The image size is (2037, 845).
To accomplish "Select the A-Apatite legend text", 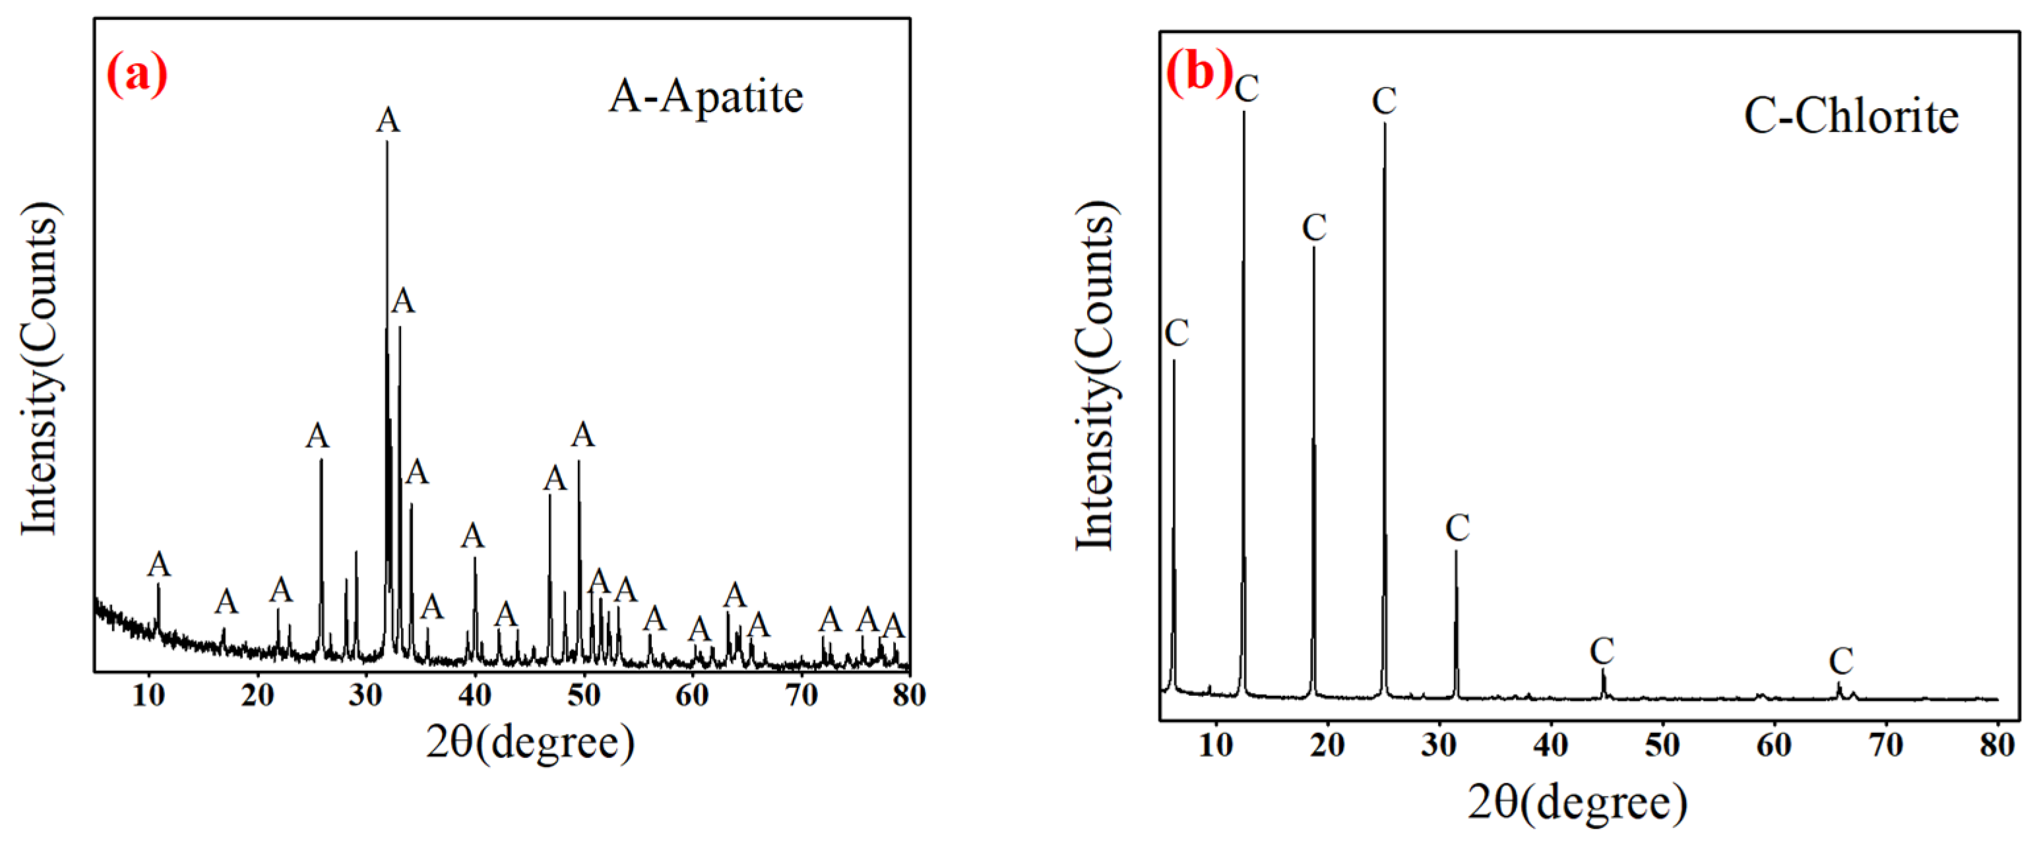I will point(705,97).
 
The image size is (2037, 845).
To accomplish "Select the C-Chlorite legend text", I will point(1850,117).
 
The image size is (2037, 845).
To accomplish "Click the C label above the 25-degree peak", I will point(1384,101).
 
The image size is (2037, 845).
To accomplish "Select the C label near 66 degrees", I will point(1841,661).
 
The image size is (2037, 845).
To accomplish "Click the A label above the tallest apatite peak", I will point(387,121).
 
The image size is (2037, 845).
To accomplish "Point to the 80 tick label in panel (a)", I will point(908,696).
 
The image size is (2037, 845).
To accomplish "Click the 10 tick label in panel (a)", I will point(148,696).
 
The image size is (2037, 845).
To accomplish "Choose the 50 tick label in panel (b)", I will point(1662,745).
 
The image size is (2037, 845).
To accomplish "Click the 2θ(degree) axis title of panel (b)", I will point(1578,802).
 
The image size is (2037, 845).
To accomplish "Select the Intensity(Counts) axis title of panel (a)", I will point(40,367).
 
